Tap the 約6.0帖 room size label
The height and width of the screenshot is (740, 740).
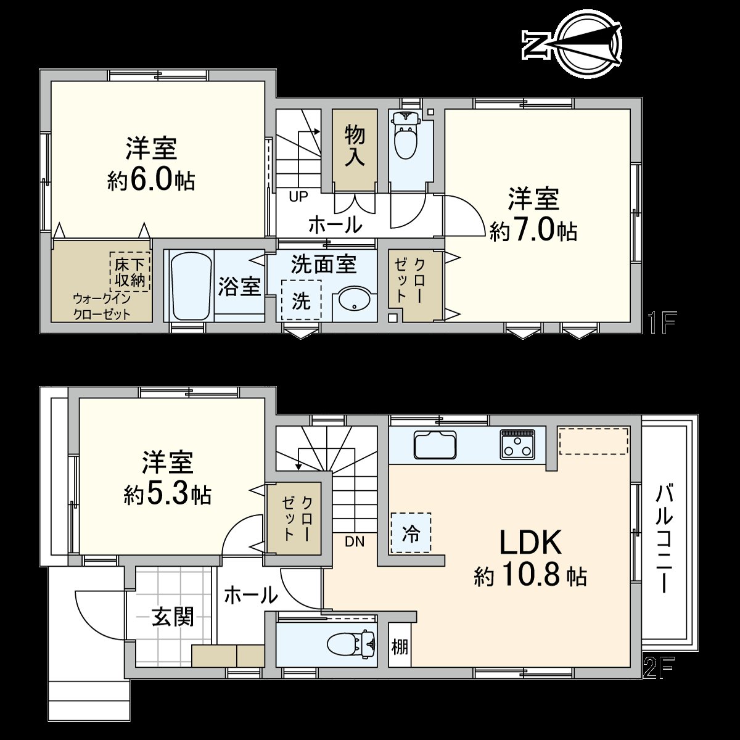151,181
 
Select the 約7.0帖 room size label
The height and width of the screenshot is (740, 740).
533,231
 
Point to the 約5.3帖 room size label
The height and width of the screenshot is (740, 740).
167,495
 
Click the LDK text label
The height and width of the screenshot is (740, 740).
530,543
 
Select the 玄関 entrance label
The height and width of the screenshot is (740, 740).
173,616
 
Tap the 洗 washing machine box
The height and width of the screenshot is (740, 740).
301,300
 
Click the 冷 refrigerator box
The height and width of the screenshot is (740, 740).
411,532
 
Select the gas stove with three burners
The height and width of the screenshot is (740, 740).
517,443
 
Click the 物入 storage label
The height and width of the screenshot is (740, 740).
355,146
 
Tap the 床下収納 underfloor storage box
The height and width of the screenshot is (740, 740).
130,272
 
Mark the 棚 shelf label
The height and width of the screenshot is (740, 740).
400,647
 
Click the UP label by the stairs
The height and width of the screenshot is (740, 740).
298,197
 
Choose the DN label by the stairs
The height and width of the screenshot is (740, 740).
355,542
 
